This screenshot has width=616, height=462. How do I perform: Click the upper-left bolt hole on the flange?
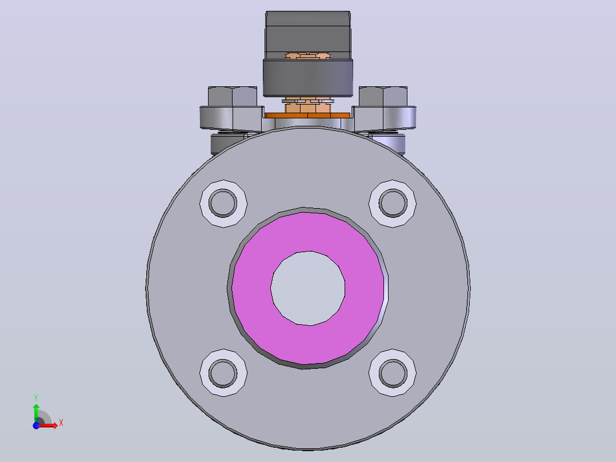(223, 203)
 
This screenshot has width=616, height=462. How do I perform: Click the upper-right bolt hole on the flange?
(393, 203)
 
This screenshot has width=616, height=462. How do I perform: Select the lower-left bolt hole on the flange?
(223, 373)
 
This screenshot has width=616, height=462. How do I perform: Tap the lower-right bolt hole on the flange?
(393, 373)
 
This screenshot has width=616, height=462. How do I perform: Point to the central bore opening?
(308, 288)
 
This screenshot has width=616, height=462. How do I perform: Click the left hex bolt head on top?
(232, 96)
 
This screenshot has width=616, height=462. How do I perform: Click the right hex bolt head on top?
(383, 96)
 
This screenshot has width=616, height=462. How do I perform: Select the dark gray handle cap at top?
(308, 35)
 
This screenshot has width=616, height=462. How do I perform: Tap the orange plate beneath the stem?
(307, 115)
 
